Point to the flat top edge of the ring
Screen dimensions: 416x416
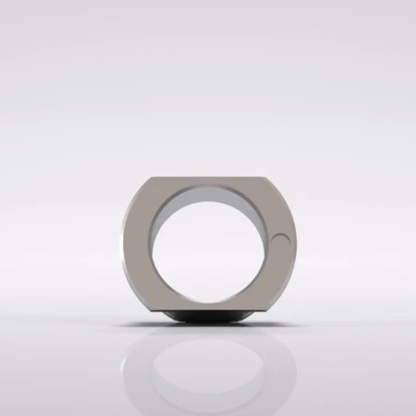208,177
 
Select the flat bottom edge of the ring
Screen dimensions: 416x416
208,312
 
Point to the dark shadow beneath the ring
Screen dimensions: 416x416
208,318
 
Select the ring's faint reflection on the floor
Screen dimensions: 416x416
208,370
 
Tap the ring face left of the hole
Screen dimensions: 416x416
137,245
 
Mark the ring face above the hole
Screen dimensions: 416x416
208,182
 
